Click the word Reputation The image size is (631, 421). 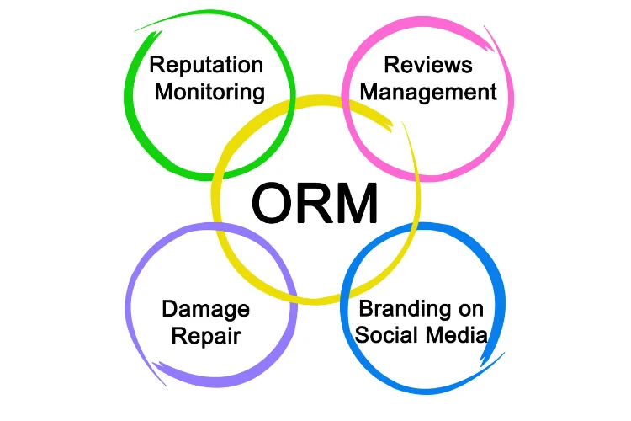tap(206, 66)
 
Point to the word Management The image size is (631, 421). tap(428, 92)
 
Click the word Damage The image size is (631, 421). tap(205, 309)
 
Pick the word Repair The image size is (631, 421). tap(205, 337)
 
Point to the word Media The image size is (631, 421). tap(455, 335)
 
